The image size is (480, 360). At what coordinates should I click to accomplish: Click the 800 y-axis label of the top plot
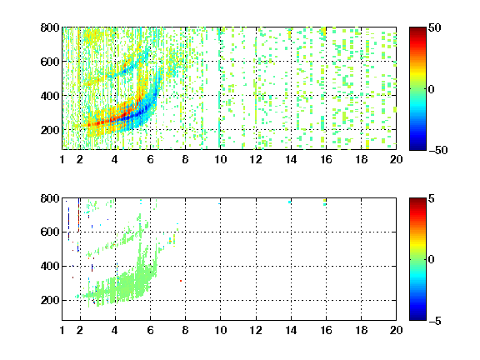pos(50,27)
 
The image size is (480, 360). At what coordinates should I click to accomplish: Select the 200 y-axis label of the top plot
pos(50,130)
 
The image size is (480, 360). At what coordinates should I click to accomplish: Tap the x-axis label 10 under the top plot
pos(220,159)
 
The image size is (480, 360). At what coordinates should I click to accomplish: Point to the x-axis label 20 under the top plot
pos(396,159)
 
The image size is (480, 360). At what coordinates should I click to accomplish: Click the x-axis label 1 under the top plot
pos(62,159)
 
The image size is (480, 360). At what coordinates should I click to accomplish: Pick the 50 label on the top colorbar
pos(434,27)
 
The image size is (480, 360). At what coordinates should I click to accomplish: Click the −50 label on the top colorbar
pos(438,150)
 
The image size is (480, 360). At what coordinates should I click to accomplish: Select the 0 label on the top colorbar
pos(432,89)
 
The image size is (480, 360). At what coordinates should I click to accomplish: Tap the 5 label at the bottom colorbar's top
pos(432,198)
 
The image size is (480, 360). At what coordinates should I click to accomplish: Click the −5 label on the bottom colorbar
pos(435,321)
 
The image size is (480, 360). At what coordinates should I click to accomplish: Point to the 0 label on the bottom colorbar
pos(432,260)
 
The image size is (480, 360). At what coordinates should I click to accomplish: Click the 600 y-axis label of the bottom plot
pos(50,232)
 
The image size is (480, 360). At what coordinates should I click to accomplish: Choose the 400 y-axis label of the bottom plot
pos(50,266)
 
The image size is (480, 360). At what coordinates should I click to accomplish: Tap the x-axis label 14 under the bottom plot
pos(291,330)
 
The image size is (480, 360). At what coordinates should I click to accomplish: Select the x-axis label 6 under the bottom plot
pos(150,330)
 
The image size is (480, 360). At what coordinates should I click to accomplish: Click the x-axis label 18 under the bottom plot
pos(361,330)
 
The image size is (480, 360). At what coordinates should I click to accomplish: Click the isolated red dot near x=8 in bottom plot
pos(181,281)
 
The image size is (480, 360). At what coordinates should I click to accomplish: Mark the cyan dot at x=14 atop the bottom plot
pos(290,202)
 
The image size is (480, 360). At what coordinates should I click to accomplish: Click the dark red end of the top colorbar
pos(417,29)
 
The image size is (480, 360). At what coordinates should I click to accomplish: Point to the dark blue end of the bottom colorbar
pos(417,318)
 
